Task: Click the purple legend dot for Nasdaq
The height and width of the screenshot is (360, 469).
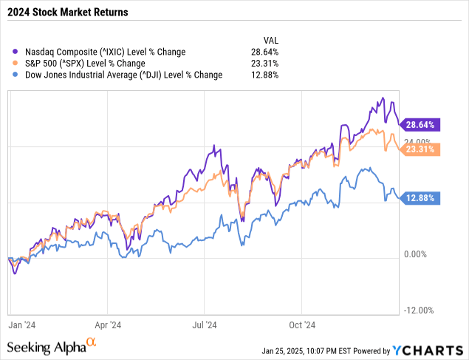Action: tap(16, 52)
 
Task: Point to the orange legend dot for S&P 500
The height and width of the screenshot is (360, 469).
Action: tap(16, 64)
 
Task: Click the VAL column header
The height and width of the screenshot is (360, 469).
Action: tap(272, 39)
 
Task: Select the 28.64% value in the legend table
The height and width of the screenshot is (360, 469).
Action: tap(265, 52)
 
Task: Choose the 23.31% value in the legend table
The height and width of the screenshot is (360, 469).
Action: tap(265, 64)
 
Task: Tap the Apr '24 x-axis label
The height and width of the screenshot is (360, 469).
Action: tap(109, 324)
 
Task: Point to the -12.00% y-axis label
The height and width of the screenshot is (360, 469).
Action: tap(419, 311)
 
